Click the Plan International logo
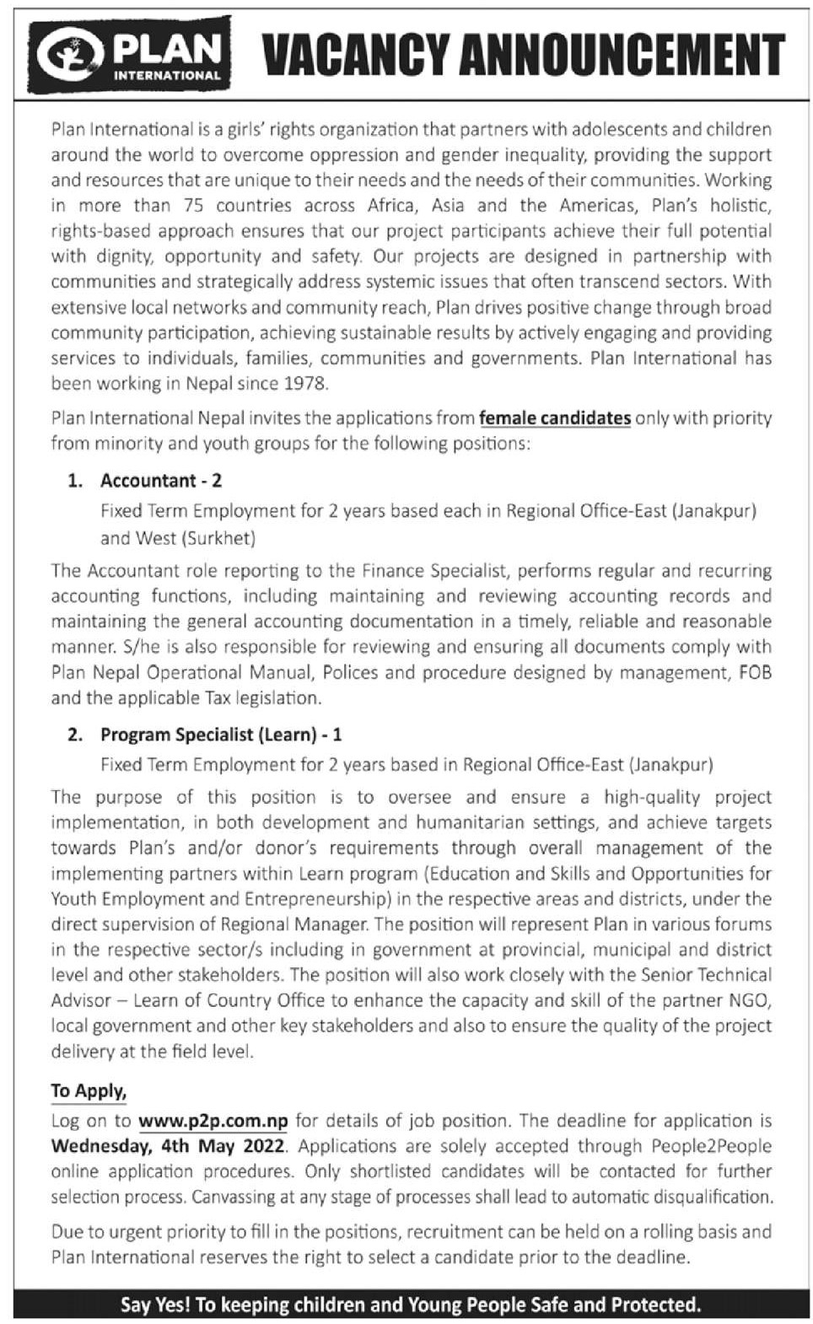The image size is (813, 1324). [x=130, y=55]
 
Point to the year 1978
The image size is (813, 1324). [x=304, y=384]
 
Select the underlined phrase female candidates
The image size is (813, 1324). [x=554, y=417]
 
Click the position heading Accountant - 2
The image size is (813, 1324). [x=160, y=481]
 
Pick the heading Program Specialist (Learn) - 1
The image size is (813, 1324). [x=221, y=735]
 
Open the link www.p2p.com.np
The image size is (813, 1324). [x=213, y=1121]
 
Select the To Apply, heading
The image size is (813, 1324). [x=89, y=1090]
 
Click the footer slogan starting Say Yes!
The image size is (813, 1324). [x=411, y=1305]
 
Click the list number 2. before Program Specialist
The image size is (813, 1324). [x=75, y=735]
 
